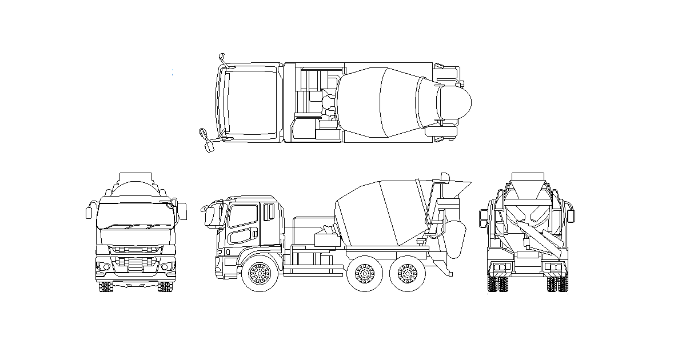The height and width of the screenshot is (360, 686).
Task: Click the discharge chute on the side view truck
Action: [456, 237]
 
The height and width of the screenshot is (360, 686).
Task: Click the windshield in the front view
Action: [135, 217]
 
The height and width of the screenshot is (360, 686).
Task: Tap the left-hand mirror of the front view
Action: [89, 212]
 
